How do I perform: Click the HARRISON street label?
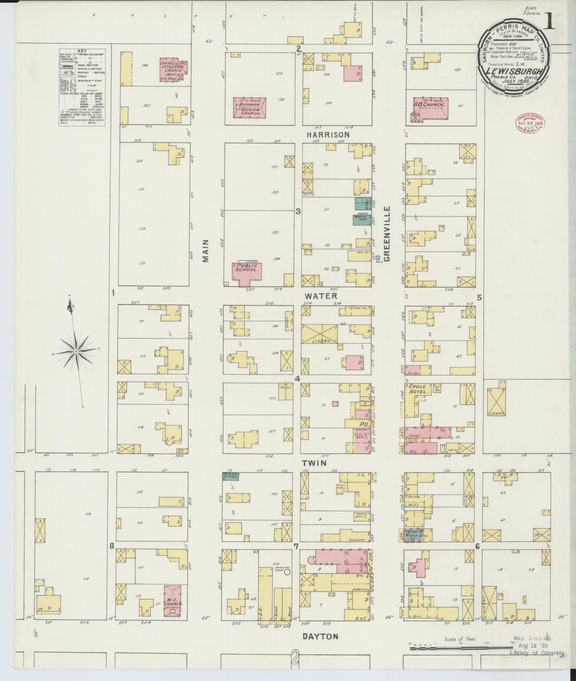[328, 135]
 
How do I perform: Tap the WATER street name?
[321, 296]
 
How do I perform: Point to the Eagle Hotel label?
[417, 389]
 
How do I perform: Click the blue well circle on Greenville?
[378, 258]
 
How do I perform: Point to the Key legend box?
[82, 87]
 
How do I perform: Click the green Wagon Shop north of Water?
[362, 219]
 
